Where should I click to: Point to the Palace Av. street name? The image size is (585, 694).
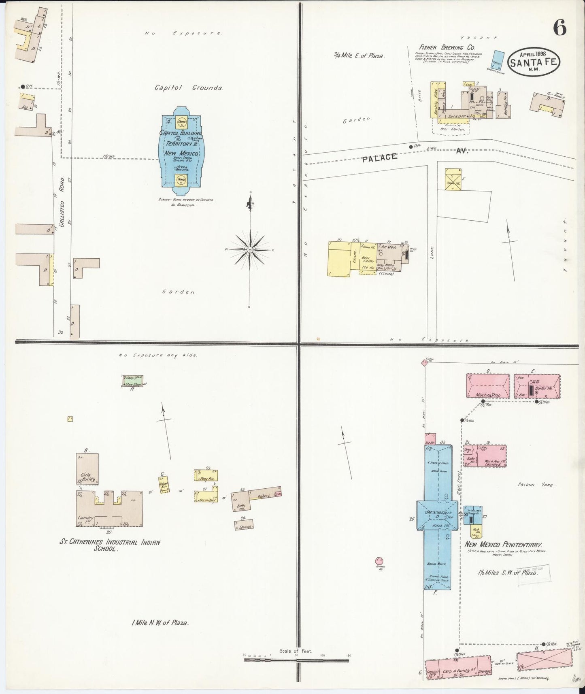(x=414, y=155)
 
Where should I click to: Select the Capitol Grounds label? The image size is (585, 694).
(x=189, y=87)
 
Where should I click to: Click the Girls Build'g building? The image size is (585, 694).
(x=87, y=469)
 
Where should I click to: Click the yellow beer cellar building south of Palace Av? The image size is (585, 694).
(x=339, y=259)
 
